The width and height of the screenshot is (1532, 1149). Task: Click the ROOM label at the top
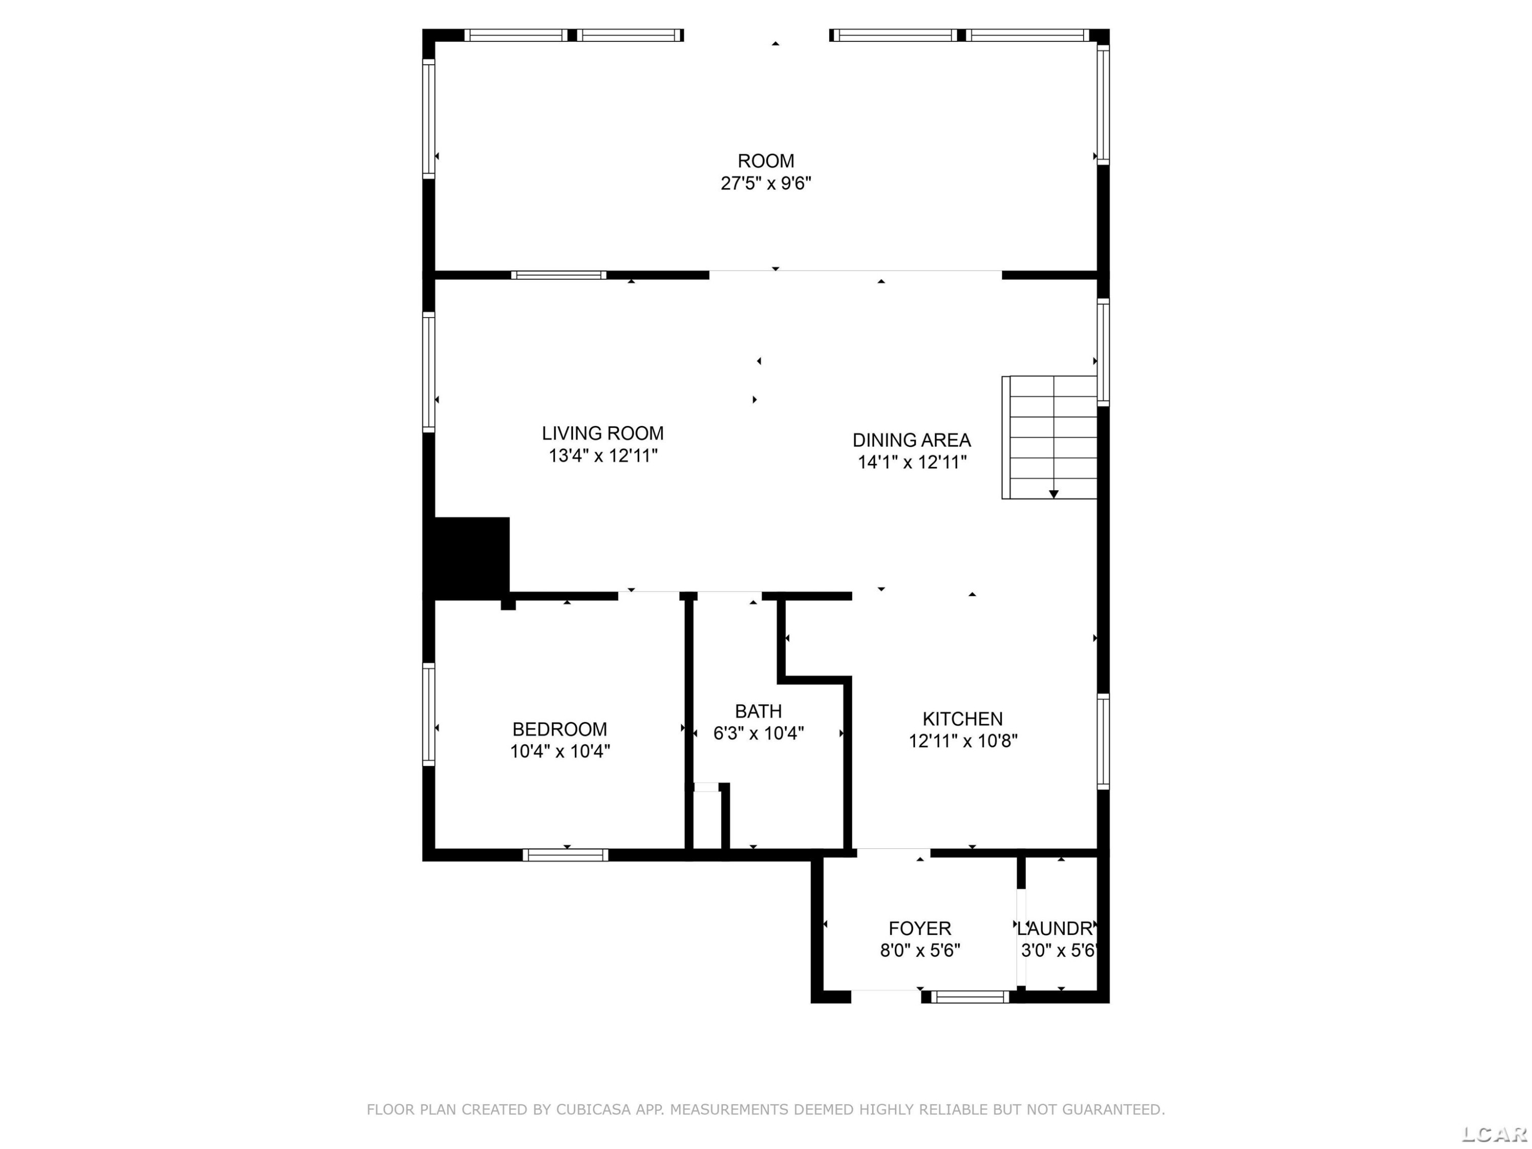765,161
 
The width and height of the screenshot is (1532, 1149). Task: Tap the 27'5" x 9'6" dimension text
765,183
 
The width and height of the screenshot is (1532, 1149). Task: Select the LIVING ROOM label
603,434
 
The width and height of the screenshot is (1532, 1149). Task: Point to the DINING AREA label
912,440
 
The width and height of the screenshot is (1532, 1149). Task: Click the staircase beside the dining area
1049,437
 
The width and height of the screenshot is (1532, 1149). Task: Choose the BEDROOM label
560,729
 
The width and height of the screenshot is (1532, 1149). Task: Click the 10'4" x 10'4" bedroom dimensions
560,752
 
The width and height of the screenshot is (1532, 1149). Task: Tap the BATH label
758,711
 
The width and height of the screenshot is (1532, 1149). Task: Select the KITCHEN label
963,719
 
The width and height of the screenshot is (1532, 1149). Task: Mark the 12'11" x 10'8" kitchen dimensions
963,741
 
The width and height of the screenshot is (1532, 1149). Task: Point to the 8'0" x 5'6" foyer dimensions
920,950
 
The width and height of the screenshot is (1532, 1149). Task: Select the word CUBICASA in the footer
593,1110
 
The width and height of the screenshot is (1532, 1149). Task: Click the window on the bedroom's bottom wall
566,855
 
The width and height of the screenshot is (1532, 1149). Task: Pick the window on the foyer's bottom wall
970,997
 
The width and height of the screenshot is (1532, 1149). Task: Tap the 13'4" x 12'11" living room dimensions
603,456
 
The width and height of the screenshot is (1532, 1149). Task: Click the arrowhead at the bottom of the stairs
1054,494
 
